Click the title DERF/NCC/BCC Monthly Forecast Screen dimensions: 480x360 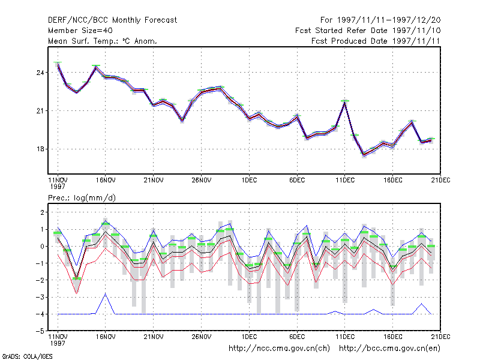coord(112,20)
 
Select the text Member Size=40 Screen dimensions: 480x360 coord(80,31)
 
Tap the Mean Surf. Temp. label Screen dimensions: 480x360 coord(84,41)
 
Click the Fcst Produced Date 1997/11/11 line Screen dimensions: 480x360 coord(376,41)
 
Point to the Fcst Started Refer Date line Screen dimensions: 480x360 coord(368,31)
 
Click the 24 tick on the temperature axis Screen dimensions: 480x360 coord(40,73)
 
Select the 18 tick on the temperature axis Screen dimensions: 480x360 coord(40,149)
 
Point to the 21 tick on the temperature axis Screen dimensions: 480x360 coord(40,111)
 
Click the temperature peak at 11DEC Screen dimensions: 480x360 coord(344,102)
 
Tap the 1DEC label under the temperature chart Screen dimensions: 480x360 coord(249,181)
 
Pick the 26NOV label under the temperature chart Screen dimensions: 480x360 coord(202,181)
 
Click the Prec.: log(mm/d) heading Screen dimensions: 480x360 coord(82,198)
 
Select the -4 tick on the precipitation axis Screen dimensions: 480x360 coord(40,314)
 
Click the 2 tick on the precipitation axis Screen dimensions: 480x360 coord(42,212)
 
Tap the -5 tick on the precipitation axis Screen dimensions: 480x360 coord(40,331)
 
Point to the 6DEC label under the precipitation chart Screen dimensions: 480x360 coord(297,337)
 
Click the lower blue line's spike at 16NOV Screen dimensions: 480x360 coord(106,294)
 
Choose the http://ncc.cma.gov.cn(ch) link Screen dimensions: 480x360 coord(279,349)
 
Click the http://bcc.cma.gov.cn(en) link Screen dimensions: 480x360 coord(389,349)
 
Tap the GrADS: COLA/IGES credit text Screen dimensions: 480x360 coord(27,356)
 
